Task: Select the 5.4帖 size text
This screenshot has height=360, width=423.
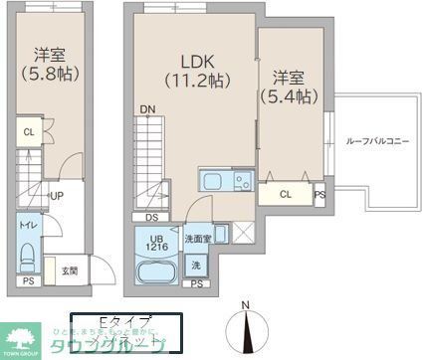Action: (x=289, y=96)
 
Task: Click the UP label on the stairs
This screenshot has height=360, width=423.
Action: (x=59, y=196)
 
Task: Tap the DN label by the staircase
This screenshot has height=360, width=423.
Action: (x=147, y=109)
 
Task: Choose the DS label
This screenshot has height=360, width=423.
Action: (x=152, y=216)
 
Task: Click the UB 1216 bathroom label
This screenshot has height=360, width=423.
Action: (x=157, y=241)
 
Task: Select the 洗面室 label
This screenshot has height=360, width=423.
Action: (x=198, y=239)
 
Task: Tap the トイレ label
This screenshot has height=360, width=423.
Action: (x=27, y=226)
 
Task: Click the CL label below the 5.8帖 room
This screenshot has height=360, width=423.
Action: (x=29, y=132)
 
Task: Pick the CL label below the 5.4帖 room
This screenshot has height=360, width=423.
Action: (x=286, y=194)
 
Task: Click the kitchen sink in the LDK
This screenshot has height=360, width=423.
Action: (x=213, y=181)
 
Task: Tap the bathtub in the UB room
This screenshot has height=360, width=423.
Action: (x=154, y=272)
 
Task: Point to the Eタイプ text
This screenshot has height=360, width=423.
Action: (x=128, y=320)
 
